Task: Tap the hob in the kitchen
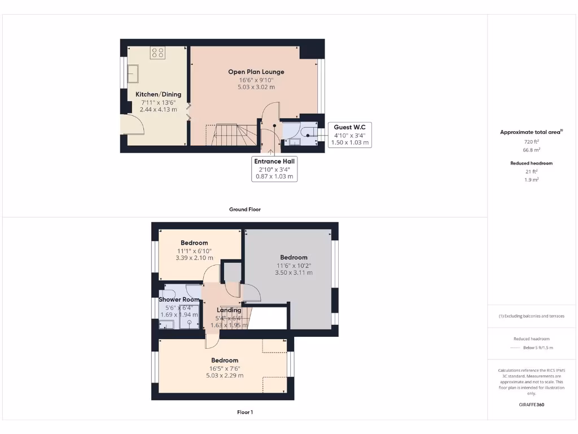pyautogui.click(x=158, y=53)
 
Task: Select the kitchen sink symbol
pyautogui.click(x=134, y=73)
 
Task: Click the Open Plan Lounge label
pyautogui.click(x=256, y=72)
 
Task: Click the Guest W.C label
pyautogui.click(x=349, y=127)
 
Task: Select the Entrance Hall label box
pyautogui.click(x=274, y=168)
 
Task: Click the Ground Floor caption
pyautogui.click(x=244, y=209)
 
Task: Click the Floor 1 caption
pyautogui.click(x=244, y=412)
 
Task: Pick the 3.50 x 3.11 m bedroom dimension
pyautogui.click(x=294, y=272)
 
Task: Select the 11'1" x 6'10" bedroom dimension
pyautogui.click(x=194, y=250)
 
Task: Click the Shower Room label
pyautogui.click(x=179, y=300)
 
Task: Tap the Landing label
pyautogui.click(x=229, y=310)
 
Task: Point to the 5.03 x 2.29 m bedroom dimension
pyautogui.click(x=225, y=375)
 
